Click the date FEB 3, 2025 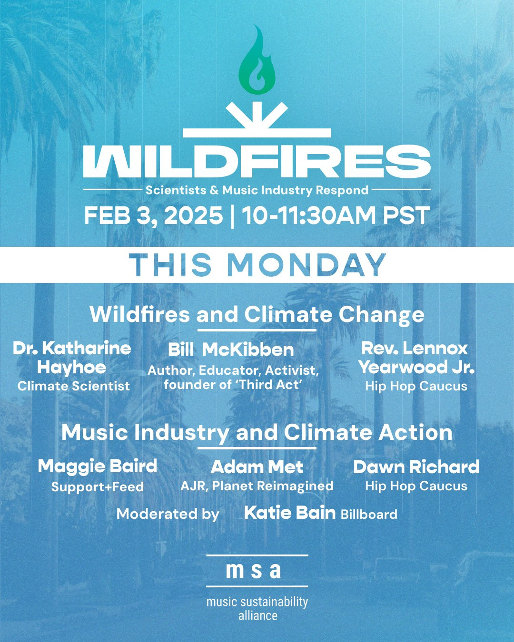click(153, 216)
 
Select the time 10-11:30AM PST click(336, 215)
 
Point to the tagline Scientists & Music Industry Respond click(257, 190)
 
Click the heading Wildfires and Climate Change click(257, 314)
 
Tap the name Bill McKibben click(230, 350)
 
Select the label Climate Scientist click(73, 386)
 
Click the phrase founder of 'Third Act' click(231, 385)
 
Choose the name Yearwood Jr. click(416, 367)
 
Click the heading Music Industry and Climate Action click(257, 433)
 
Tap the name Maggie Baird click(98, 467)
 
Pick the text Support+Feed click(98, 487)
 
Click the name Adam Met click(257, 467)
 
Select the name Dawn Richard click(416, 467)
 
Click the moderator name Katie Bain click(290, 513)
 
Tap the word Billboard click(369, 514)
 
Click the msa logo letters click(253, 571)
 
